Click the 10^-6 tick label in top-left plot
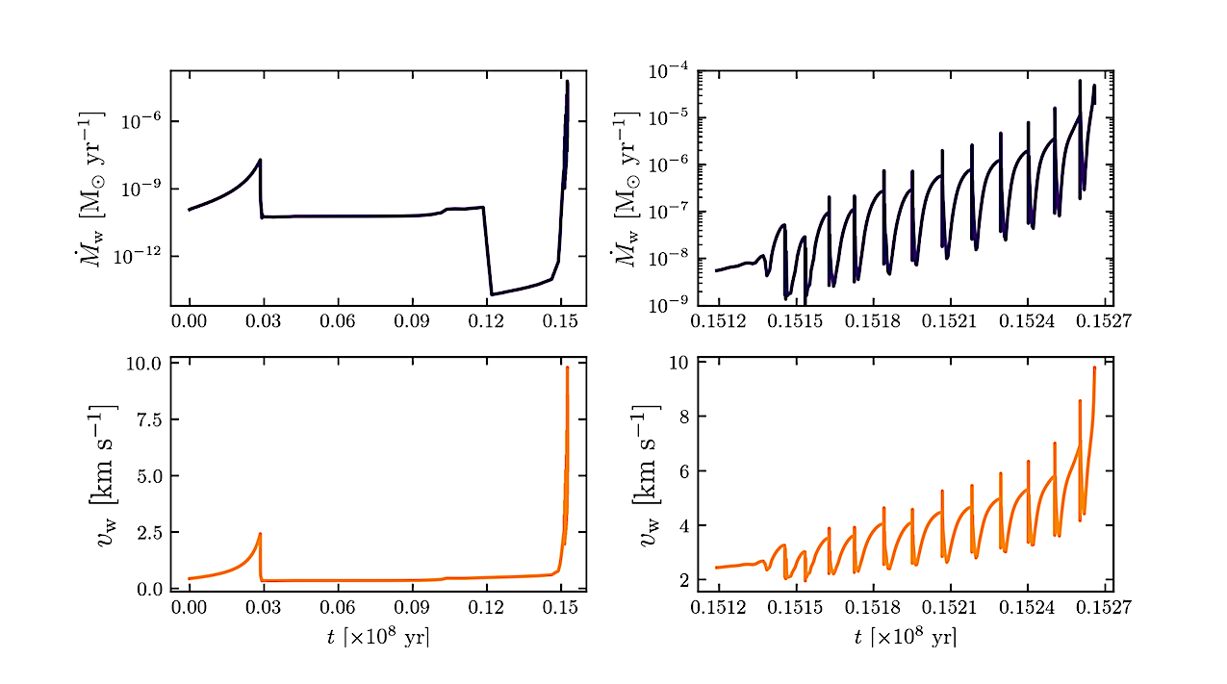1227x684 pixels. pos(139,122)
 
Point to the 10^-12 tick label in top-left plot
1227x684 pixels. pos(136,257)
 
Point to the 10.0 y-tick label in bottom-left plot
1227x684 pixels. pos(141,364)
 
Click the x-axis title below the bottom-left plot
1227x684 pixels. pos(378,636)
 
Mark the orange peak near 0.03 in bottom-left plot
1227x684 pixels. pos(260,534)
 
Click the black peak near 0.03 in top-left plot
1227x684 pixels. pos(260,160)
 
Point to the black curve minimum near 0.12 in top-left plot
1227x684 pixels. pos(492,294)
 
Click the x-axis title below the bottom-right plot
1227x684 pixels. pos(905,636)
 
